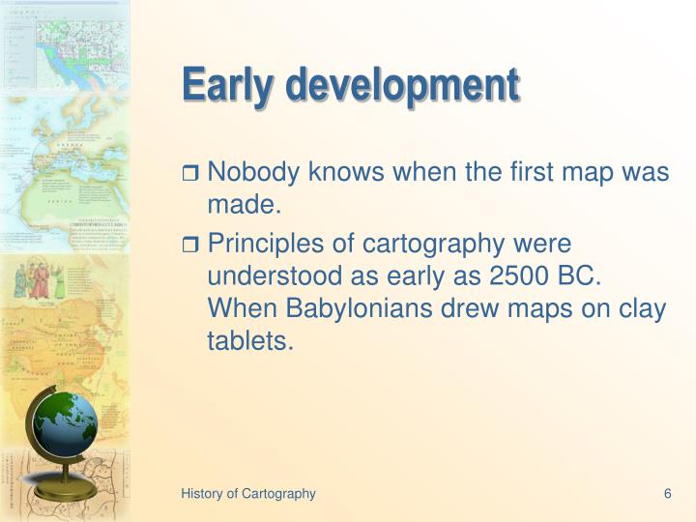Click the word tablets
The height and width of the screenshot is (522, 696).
point(249,339)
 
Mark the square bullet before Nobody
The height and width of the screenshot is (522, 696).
point(190,175)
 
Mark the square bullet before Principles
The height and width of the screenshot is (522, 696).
point(190,246)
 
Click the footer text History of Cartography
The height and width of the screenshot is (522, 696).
point(248,493)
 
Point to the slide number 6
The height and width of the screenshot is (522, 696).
point(667,493)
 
